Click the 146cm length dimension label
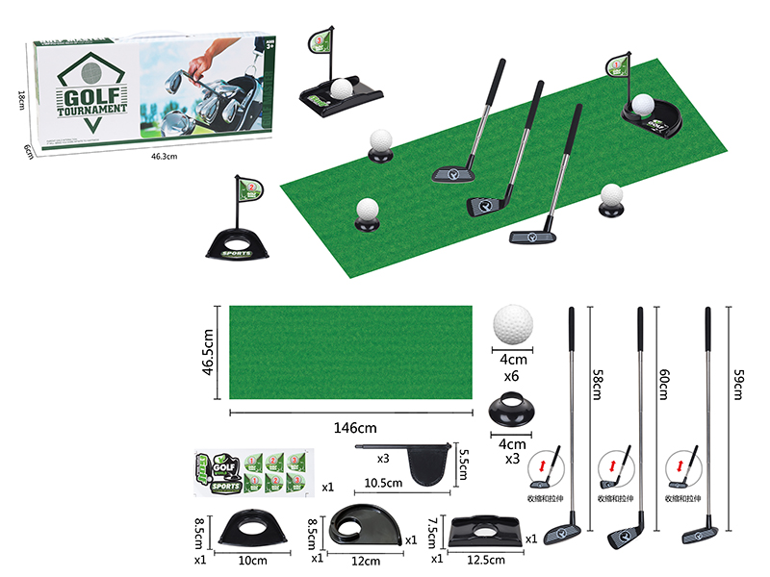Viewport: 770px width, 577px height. click(349, 426)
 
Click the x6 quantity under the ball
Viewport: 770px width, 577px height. click(513, 376)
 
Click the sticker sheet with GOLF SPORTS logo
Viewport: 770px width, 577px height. click(252, 474)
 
